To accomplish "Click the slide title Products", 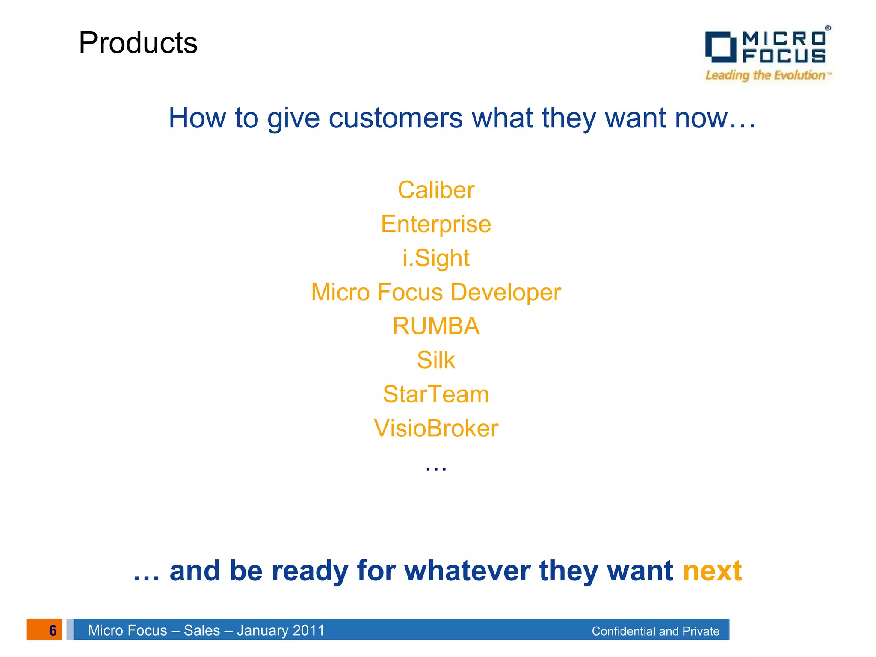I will [x=138, y=43].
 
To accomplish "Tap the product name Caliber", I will [x=436, y=190].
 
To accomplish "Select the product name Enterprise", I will [x=436, y=224].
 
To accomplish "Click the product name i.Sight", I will [x=436, y=258].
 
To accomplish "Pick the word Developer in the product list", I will [x=505, y=293].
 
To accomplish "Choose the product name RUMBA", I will [x=436, y=326].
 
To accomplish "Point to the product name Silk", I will [x=436, y=360].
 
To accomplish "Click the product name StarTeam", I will [x=436, y=394].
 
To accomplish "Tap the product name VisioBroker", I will [x=436, y=428].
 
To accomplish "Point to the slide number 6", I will [x=53, y=630].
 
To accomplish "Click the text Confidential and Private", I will [x=655, y=631].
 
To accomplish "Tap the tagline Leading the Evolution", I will [x=766, y=76].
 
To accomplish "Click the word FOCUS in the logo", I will [x=784, y=56].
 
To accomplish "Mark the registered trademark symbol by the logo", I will [x=828, y=28].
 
